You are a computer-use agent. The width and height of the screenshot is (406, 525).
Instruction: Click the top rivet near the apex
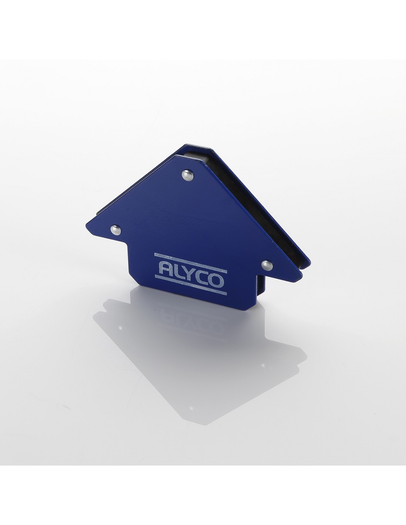click(187, 175)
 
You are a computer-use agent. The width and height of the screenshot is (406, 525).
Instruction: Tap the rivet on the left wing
click(116, 230)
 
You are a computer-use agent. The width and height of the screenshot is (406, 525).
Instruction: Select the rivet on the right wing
click(267, 265)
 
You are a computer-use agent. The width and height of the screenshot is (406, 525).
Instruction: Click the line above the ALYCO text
click(190, 263)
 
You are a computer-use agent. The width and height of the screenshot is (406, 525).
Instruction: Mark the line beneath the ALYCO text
click(190, 285)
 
